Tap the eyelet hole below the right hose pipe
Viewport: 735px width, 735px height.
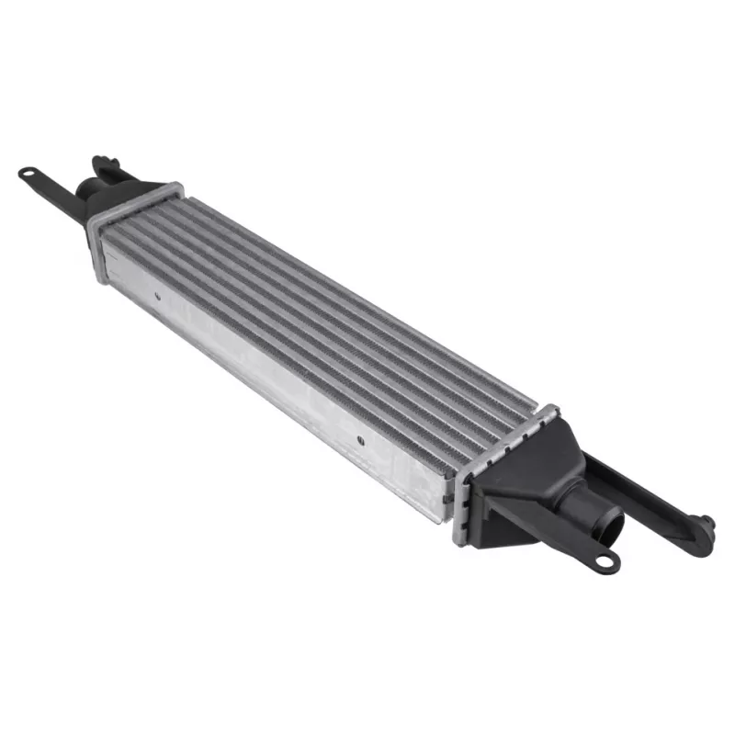(605, 560)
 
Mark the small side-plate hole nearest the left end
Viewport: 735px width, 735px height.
(157, 296)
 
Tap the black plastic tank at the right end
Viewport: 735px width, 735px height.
(528, 487)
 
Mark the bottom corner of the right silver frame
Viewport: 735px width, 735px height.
(458, 542)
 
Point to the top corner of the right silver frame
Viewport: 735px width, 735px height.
(551, 407)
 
